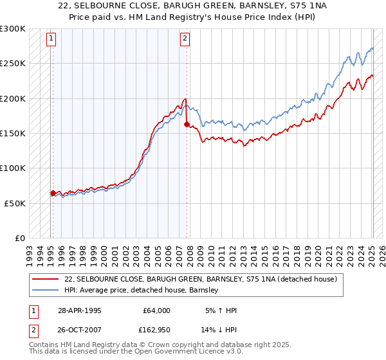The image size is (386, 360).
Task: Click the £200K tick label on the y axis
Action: pos(13,99)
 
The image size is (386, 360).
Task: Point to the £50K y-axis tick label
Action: pos(15,203)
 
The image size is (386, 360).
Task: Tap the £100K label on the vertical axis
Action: pos(13,168)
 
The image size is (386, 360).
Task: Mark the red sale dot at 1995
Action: pos(53,193)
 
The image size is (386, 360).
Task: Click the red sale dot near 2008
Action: pos(187,125)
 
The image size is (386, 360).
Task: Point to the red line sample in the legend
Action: pos(46,279)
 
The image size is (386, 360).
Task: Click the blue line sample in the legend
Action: pos(46,290)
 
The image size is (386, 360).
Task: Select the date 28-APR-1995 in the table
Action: pos(79,310)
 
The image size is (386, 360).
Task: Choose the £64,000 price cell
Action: pos(157,310)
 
